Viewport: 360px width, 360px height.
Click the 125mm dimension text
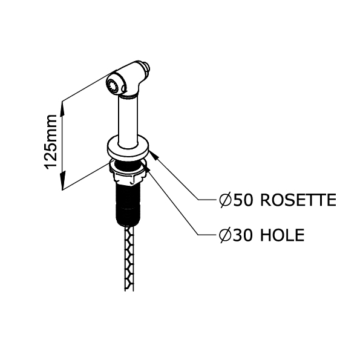(x=51, y=142)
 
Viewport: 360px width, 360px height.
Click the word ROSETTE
(x=298, y=200)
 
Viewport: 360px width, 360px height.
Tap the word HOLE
(x=283, y=235)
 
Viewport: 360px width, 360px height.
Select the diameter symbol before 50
(x=224, y=200)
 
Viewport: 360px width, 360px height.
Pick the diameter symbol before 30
(x=224, y=235)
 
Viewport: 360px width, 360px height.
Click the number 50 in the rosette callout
(x=243, y=200)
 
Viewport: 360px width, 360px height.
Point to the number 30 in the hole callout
(x=243, y=235)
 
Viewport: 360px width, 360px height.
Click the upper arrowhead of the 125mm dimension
(x=62, y=110)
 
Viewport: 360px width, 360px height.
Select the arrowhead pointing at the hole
(x=146, y=166)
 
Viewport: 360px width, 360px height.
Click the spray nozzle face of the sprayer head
(x=113, y=85)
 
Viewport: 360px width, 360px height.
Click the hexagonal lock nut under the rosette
(x=127, y=173)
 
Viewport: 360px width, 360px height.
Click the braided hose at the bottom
(x=129, y=258)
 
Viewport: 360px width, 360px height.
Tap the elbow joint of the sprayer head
(x=132, y=87)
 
